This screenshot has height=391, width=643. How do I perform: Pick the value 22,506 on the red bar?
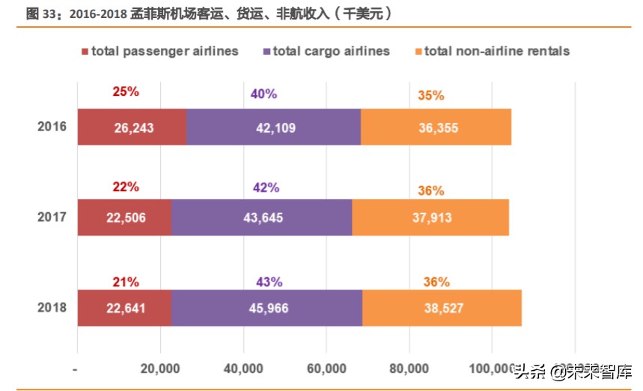click(125, 218)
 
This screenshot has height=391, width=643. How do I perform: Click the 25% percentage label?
click(126, 91)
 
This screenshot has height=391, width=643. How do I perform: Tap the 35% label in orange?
click(431, 95)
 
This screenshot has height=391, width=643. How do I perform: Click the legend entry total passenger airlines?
click(159, 52)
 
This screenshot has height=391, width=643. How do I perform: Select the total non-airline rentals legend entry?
click(492, 52)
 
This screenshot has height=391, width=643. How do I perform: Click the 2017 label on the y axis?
click(52, 217)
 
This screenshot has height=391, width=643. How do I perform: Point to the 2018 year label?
click(52, 307)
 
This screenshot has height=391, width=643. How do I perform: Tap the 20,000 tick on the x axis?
click(159, 369)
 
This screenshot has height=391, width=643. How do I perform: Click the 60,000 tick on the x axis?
click(326, 369)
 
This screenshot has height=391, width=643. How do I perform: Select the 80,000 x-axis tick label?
click(409, 369)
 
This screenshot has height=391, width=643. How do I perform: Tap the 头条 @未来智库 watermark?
click(573, 370)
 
